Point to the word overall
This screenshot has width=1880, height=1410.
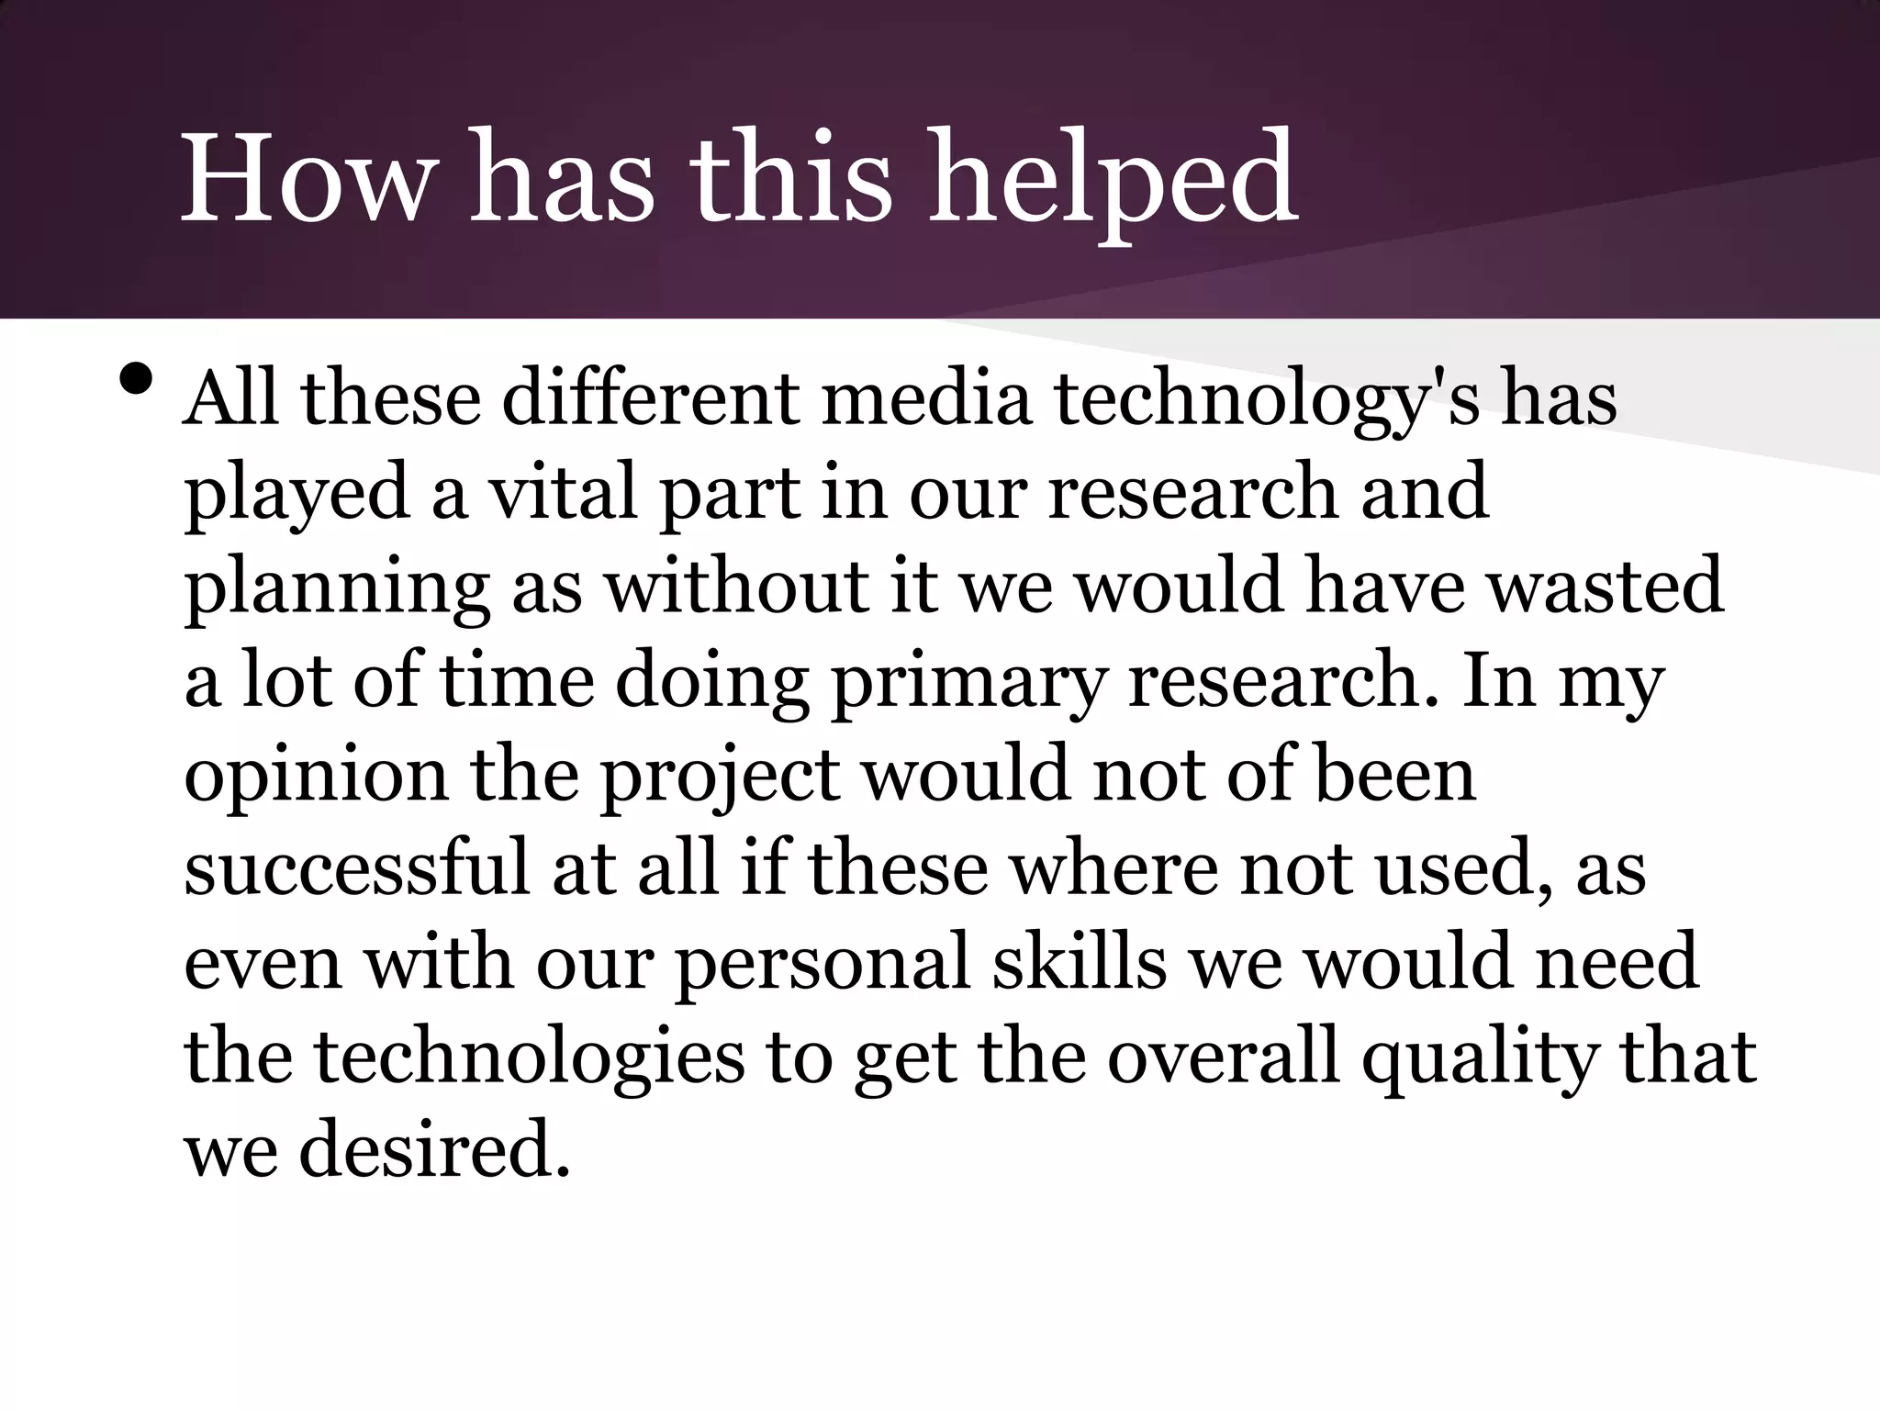(1223, 1057)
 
